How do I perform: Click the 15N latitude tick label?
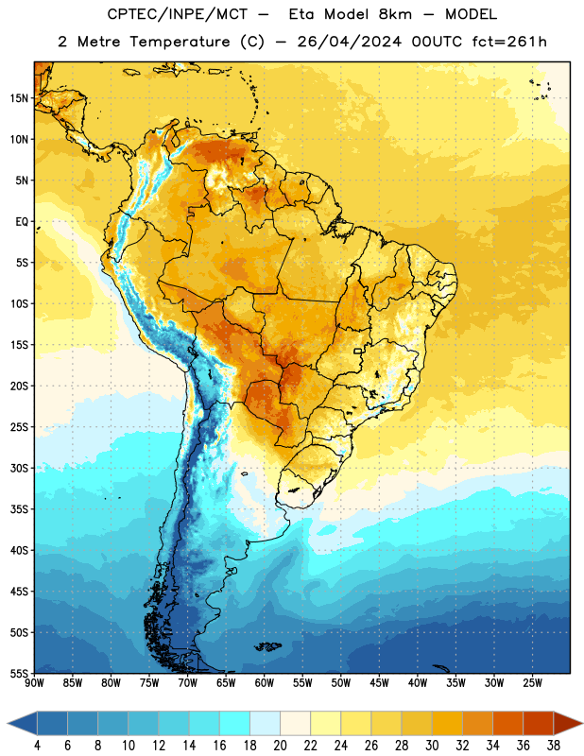pos(19,98)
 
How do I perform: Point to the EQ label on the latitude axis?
pos(22,222)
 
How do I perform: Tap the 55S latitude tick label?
pos(19,673)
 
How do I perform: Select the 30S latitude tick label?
pos(19,468)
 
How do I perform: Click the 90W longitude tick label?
pos(35,682)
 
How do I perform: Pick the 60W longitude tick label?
pos(265,682)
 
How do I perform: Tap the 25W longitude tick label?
pos(532,682)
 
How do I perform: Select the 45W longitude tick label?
pos(379,682)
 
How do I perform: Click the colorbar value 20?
pos(280,746)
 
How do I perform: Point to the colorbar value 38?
pos(554,746)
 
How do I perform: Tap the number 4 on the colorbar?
pos(37,746)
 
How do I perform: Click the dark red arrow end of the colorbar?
pos(568,723)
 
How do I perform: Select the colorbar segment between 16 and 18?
pos(234,723)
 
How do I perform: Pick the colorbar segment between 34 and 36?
pos(507,723)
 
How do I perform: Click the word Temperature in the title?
pos(180,42)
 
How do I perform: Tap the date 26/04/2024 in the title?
pos(349,42)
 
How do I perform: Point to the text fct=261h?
pos(509,42)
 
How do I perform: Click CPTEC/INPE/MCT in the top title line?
pos(177,14)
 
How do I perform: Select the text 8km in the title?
pos(395,14)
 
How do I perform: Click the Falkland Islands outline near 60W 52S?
pos(267,646)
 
